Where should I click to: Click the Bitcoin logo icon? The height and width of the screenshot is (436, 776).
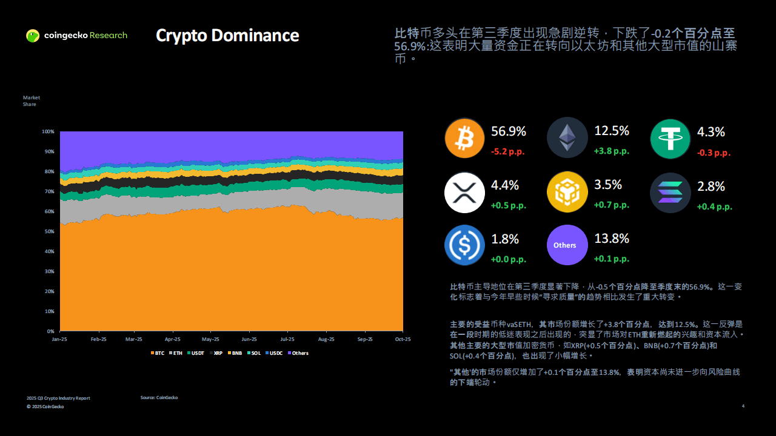coord(465,138)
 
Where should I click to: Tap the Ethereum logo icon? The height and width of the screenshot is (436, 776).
coord(567,138)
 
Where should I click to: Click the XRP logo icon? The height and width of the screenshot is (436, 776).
coord(465,193)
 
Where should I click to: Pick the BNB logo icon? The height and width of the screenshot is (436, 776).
coord(567,193)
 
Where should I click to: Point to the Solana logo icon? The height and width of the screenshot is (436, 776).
coord(671,193)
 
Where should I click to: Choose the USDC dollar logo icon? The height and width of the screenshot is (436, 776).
coord(465,245)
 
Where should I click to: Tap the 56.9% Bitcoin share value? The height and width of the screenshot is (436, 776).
coord(509,131)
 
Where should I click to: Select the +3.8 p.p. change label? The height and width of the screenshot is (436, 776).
coord(611,151)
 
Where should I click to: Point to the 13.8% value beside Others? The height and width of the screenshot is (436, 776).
coord(611,239)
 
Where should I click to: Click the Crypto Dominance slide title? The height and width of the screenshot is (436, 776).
coord(227,35)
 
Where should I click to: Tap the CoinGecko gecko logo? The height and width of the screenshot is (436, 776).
coord(33,36)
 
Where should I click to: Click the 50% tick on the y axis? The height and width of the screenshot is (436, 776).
coord(48,231)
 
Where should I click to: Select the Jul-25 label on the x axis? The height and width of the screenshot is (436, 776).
coord(287,340)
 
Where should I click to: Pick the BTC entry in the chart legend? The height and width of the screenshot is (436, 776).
coord(156,353)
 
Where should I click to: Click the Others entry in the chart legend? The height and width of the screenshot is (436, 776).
coord(298,353)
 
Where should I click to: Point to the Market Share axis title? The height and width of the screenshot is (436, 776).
coord(31,101)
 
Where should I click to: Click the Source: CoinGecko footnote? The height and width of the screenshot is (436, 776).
coord(159,397)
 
